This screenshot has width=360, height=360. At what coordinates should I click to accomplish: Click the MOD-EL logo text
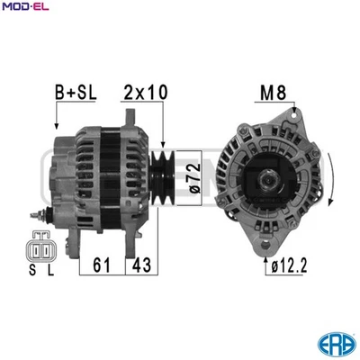point(26,7)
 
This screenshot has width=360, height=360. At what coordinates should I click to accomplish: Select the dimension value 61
point(102,265)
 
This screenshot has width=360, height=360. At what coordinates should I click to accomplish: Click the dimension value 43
point(142,265)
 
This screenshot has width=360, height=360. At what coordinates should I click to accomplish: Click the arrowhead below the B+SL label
point(58,126)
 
